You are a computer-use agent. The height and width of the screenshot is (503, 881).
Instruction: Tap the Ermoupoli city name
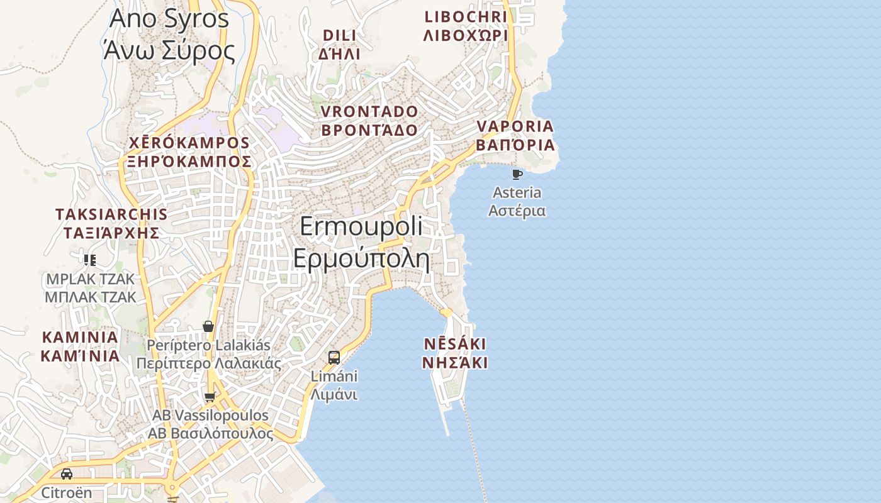pyautogui.click(x=361, y=242)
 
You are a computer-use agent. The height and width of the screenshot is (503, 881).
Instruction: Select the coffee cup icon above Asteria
pyautogui.click(x=517, y=174)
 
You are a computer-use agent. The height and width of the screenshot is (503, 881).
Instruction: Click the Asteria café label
pyautogui.click(x=517, y=201)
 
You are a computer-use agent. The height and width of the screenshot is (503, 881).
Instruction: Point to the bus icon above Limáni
pyautogui.click(x=334, y=358)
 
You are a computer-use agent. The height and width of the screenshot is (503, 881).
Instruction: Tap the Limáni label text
pyautogui.click(x=334, y=385)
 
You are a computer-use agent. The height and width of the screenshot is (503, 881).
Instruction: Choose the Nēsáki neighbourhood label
pyautogui.click(x=454, y=353)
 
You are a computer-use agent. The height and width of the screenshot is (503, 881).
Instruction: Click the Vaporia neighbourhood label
pyautogui.click(x=515, y=135)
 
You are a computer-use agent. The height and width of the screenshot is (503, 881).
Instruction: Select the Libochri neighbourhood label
pyautogui.click(x=466, y=26)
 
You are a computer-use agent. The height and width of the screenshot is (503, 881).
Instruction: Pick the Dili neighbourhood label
pyautogui.click(x=340, y=44)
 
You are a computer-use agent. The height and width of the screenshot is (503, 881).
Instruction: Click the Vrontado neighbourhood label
pyautogui.click(x=369, y=121)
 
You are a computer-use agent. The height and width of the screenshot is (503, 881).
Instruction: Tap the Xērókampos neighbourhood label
pyautogui.click(x=189, y=152)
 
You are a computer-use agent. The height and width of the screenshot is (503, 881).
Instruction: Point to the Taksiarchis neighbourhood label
pyautogui.click(x=111, y=223)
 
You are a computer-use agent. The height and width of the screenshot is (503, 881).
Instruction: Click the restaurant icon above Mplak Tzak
pyautogui.click(x=90, y=260)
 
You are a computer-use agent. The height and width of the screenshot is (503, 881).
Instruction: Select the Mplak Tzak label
pyautogui.click(x=90, y=287)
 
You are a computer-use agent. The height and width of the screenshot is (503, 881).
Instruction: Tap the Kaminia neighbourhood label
pyautogui.click(x=80, y=346)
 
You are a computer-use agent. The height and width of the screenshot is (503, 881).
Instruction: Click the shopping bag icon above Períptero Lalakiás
pyautogui.click(x=208, y=326)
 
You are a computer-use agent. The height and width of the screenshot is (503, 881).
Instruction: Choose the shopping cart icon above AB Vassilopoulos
pyautogui.click(x=210, y=397)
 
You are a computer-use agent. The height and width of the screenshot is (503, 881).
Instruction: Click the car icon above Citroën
pyautogui.click(x=67, y=473)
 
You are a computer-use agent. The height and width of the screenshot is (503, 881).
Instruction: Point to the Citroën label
pyautogui.click(x=67, y=492)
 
